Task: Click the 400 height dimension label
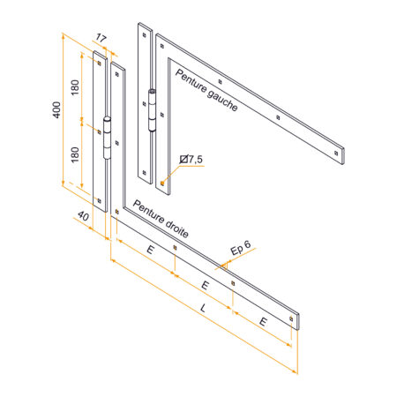(56, 110)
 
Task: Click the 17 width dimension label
(101, 38)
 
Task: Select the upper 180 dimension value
(75, 87)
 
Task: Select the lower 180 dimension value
(75, 154)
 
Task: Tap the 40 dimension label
(83, 216)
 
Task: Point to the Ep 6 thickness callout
(241, 248)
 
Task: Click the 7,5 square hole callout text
(195, 160)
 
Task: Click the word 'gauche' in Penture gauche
(222, 101)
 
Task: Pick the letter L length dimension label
(203, 308)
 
